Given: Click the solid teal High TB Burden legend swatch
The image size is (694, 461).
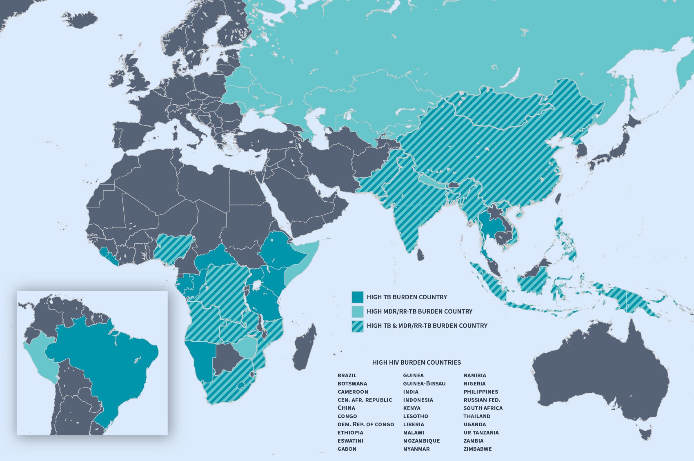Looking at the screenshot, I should pos(357,297).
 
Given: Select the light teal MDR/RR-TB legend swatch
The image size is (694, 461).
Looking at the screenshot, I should pos(357,312).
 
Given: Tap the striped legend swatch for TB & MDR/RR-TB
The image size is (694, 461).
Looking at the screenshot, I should pos(357,326).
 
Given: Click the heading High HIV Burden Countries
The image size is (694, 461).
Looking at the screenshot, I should pos(416,362).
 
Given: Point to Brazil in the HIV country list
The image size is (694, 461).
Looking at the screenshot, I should pos(347,375).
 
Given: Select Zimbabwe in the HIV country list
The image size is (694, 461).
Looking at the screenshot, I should pos(477,449).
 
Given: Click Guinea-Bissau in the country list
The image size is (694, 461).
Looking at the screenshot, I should pos(424,383).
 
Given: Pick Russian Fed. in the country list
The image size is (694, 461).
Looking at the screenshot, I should pos(481,400).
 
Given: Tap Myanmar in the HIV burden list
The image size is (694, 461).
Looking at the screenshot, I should pos(416,449).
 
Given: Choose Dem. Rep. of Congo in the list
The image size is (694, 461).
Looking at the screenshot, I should pos(365,424).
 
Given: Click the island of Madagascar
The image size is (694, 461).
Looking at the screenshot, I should pos(305,347).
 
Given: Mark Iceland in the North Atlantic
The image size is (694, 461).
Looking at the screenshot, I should pos(81,19).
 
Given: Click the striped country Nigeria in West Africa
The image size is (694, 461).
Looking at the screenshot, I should pos(173,247).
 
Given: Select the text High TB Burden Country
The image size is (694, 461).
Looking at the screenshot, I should pos(407,297).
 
